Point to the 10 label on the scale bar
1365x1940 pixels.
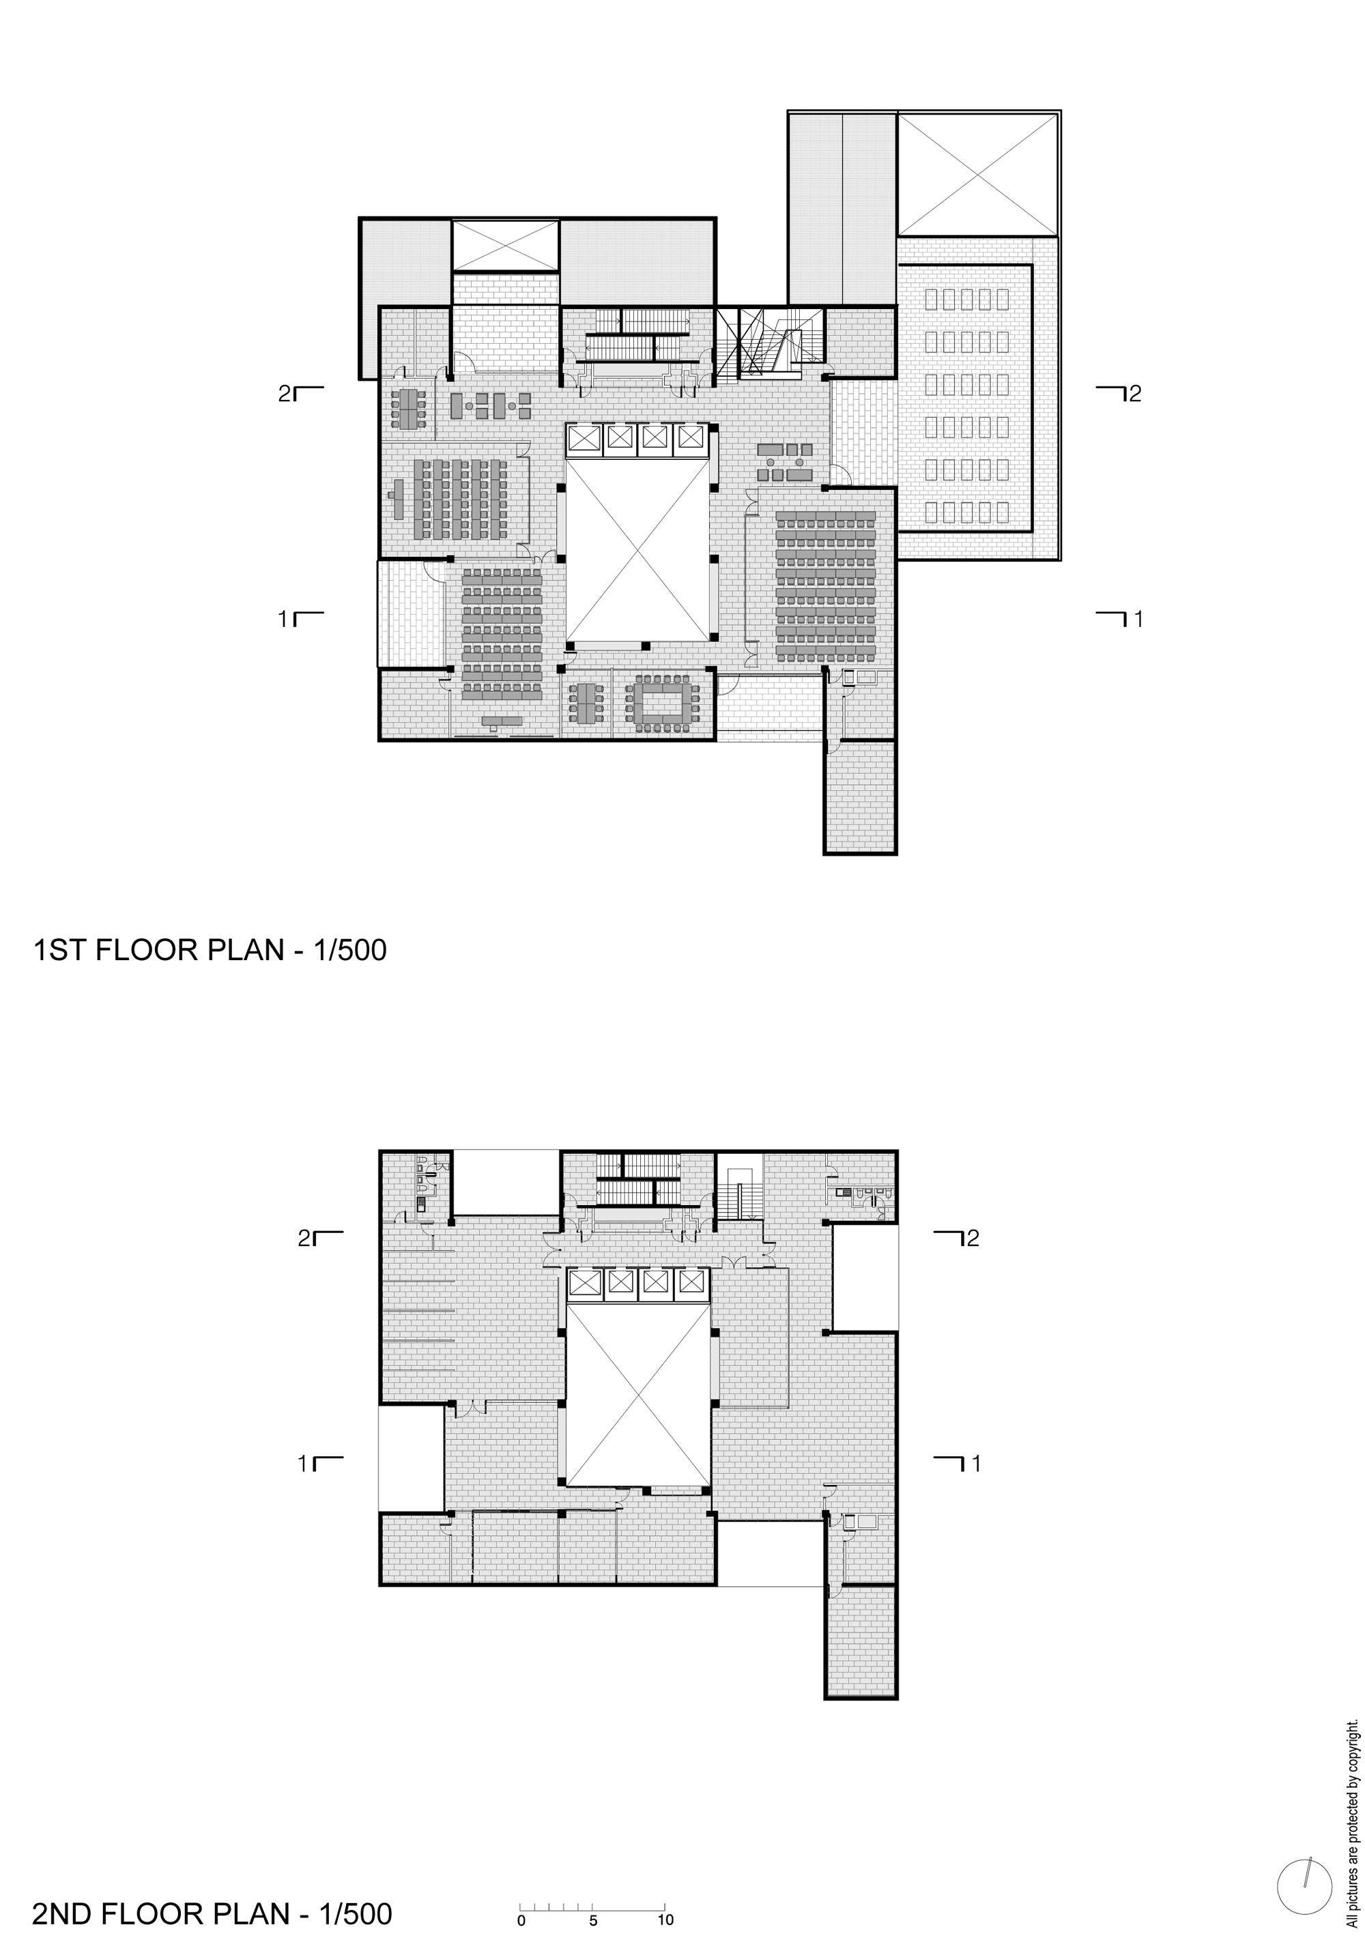[x=665, y=1920]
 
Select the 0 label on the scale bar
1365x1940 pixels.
[x=521, y=1920]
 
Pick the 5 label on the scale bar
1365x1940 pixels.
[x=593, y=1920]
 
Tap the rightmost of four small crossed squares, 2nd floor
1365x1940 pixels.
[x=691, y=1283]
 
